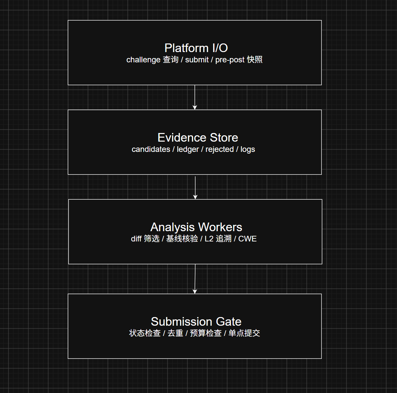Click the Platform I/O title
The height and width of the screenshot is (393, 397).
point(196,48)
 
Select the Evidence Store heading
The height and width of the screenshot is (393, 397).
point(198,138)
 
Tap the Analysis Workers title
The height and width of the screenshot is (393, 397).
point(196,227)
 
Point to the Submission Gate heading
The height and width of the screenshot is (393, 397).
point(196,322)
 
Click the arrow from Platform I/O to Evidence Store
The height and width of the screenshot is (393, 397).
point(195,97)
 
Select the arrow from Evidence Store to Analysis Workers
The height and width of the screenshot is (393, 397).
point(195,188)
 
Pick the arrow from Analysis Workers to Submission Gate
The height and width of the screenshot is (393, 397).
point(195,279)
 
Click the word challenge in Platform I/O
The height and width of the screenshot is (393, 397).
point(143,60)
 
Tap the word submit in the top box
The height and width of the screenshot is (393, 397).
point(197,60)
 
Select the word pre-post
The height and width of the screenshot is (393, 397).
point(230,60)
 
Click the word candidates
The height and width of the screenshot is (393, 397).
point(151,149)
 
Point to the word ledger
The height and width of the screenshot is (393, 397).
point(188,150)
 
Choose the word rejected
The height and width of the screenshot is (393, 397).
point(219,150)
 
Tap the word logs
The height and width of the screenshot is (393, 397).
point(248,150)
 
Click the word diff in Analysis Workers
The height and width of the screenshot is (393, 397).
point(136,239)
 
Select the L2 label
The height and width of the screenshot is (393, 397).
point(209,239)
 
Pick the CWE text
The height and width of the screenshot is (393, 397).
point(247,239)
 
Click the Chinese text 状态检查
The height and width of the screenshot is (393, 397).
point(145,333)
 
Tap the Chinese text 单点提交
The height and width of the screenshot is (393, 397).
point(244,333)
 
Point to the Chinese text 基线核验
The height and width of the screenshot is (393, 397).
point(182,239)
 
